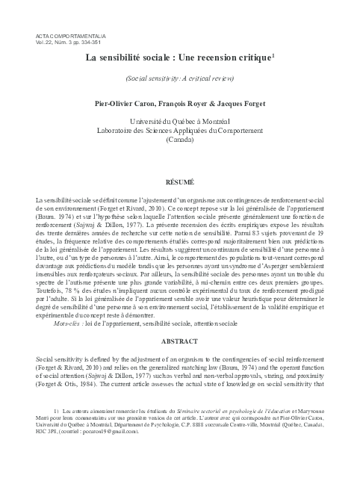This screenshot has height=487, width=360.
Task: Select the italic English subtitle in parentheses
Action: pyautogui.click(x=179, y=78)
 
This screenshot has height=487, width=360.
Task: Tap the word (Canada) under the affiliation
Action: pyautogui.click(x=179, y=140)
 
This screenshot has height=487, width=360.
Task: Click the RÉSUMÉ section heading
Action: pyautogui.click(x=179, y=182)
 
